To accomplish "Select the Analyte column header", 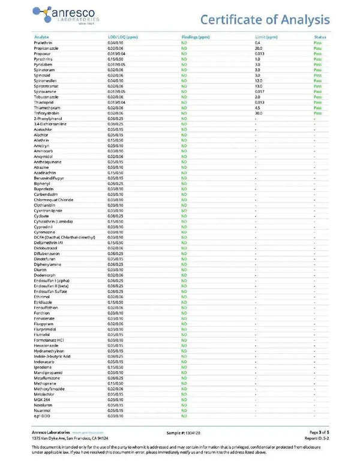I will (x=41, y=37).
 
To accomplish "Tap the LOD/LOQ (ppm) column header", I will (x=122, y=37).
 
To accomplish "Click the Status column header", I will (x=320, y=37).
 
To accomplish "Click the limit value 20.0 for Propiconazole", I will (x=259, y=49).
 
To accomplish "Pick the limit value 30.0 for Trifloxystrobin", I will (x=259, y=113).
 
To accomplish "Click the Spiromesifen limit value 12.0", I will (x=259, y=81).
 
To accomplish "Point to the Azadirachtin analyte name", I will (x=46, y=173).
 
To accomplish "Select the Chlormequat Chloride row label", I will (x=53, y=200).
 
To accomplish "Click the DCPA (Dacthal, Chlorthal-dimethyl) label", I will (x=65, y=237).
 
